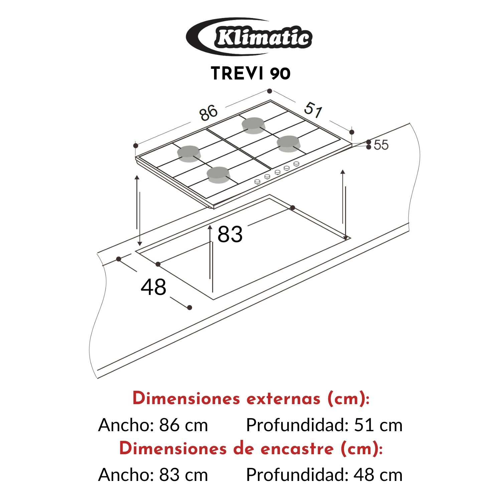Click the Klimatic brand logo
pos(249,37)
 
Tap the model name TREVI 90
pos(251,73)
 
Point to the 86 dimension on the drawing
pos(209,113)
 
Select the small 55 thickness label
pos(381,145)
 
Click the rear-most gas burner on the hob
pos(254,125)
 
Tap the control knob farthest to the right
pos(296,163)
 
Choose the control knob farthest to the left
pos(257,181)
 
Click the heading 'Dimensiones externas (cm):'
pos(251,398)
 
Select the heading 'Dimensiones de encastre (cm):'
pos(251,448)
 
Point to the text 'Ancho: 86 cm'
pos(153,425)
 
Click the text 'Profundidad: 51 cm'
pos(324,425)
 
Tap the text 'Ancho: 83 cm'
pos(153,475)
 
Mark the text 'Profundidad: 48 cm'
pos(324,475)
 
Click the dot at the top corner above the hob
pos(270,91)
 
